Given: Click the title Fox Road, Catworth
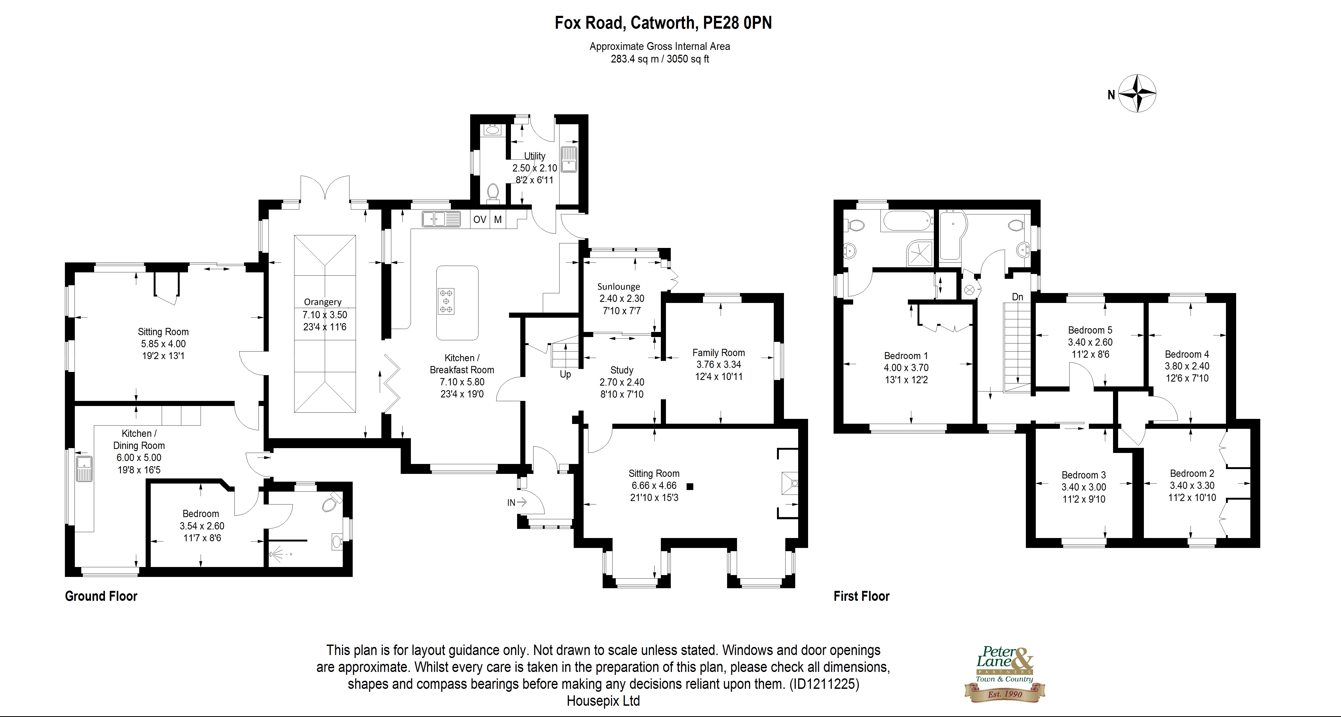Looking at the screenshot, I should tap(663, 23).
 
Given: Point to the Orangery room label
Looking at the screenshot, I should tap(323, 302).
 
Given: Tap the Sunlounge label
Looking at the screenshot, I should tap(618, 286).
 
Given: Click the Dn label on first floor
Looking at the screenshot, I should tap(1017, 297).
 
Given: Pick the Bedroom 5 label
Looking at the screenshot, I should tap(1090, 330).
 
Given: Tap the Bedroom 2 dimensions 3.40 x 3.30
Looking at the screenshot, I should tap(1192, 485).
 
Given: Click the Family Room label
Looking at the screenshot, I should tap(719, 353).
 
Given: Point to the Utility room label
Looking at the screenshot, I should tap(535, 156).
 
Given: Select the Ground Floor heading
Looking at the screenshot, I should tap(101, 596).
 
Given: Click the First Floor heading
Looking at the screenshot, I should tap(861, 596).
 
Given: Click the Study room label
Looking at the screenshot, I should tap(622, 370).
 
